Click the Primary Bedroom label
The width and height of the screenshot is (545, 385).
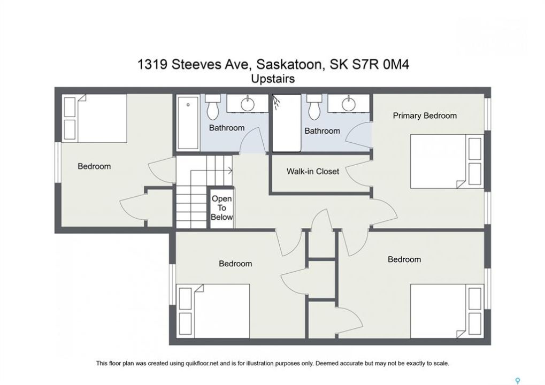(425, 115)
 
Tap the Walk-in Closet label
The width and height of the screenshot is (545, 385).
(313, 171)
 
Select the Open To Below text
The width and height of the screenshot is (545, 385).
(222, 208)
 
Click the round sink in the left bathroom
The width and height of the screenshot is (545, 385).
(248, 104)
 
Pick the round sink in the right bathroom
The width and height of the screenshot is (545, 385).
(348, 104)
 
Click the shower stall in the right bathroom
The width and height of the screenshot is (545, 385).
(286, 123)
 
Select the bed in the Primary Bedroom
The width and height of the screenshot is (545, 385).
(447, 161)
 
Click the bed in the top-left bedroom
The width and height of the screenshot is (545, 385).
(95, 118)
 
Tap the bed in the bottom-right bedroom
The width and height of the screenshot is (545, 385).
(447, 311)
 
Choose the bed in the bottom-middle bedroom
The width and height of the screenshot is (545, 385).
(213, 311)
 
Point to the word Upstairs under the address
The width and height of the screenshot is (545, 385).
(273, 79)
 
